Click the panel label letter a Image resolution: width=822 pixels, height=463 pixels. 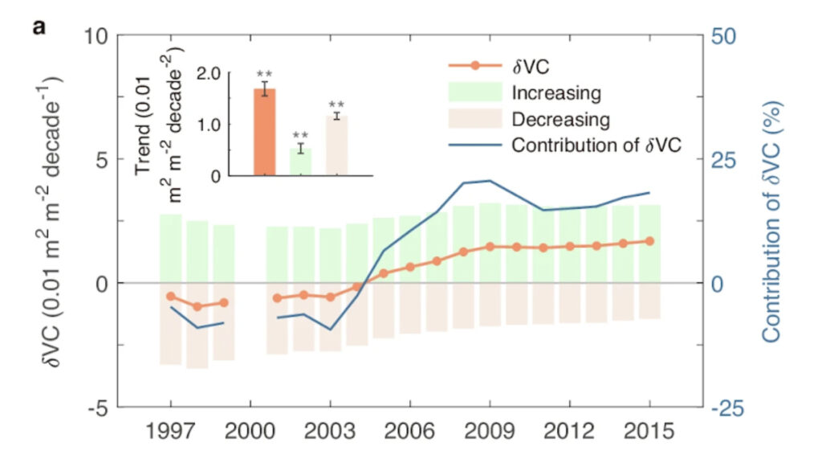coord(39,29)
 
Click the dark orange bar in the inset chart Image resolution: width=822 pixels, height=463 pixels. coord(264,132)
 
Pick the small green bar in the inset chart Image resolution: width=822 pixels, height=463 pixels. coord(300,162)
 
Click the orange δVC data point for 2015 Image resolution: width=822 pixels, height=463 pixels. coord(649,241)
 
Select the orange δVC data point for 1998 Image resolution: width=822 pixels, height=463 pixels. coord(197,306)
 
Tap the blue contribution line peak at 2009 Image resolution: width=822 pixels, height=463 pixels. coord(489,181)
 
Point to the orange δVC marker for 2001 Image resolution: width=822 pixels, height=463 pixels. coord(277,298)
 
